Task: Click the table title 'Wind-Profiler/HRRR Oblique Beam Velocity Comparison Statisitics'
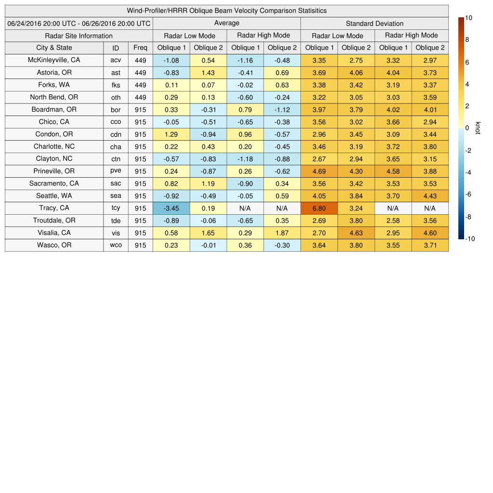coord(226,11)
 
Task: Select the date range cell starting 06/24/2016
coord(79,23)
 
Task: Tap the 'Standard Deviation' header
coord(375,23)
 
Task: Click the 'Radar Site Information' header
coord(79,36)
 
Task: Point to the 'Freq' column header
coord(141,48)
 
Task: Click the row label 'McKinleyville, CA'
coord(54,60)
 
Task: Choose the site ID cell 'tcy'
coord(116,208)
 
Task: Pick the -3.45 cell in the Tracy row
coord(171,208)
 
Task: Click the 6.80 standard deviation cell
coord(319,208)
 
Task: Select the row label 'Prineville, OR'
coord(54,171)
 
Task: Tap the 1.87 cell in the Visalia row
coord(282,233)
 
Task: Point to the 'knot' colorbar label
coord(478,128)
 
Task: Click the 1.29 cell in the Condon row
coord(171,134)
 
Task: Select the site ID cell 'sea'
coord(116,196)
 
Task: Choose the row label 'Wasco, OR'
coord(54,245)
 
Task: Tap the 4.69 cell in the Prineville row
coord(319,171)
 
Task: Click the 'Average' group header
coord(227,23)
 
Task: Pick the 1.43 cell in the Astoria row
coord(208,73)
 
